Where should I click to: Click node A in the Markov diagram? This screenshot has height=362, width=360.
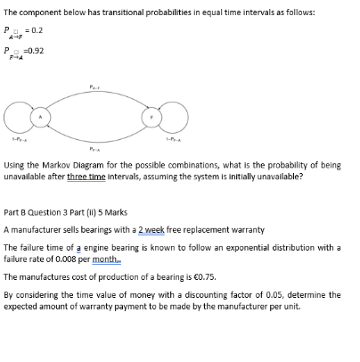point(39,116)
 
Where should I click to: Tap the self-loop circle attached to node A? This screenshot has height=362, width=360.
point(18,116)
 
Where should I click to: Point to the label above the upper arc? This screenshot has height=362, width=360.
point(94,87)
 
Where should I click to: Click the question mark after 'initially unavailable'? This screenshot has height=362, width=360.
point(302,176)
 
